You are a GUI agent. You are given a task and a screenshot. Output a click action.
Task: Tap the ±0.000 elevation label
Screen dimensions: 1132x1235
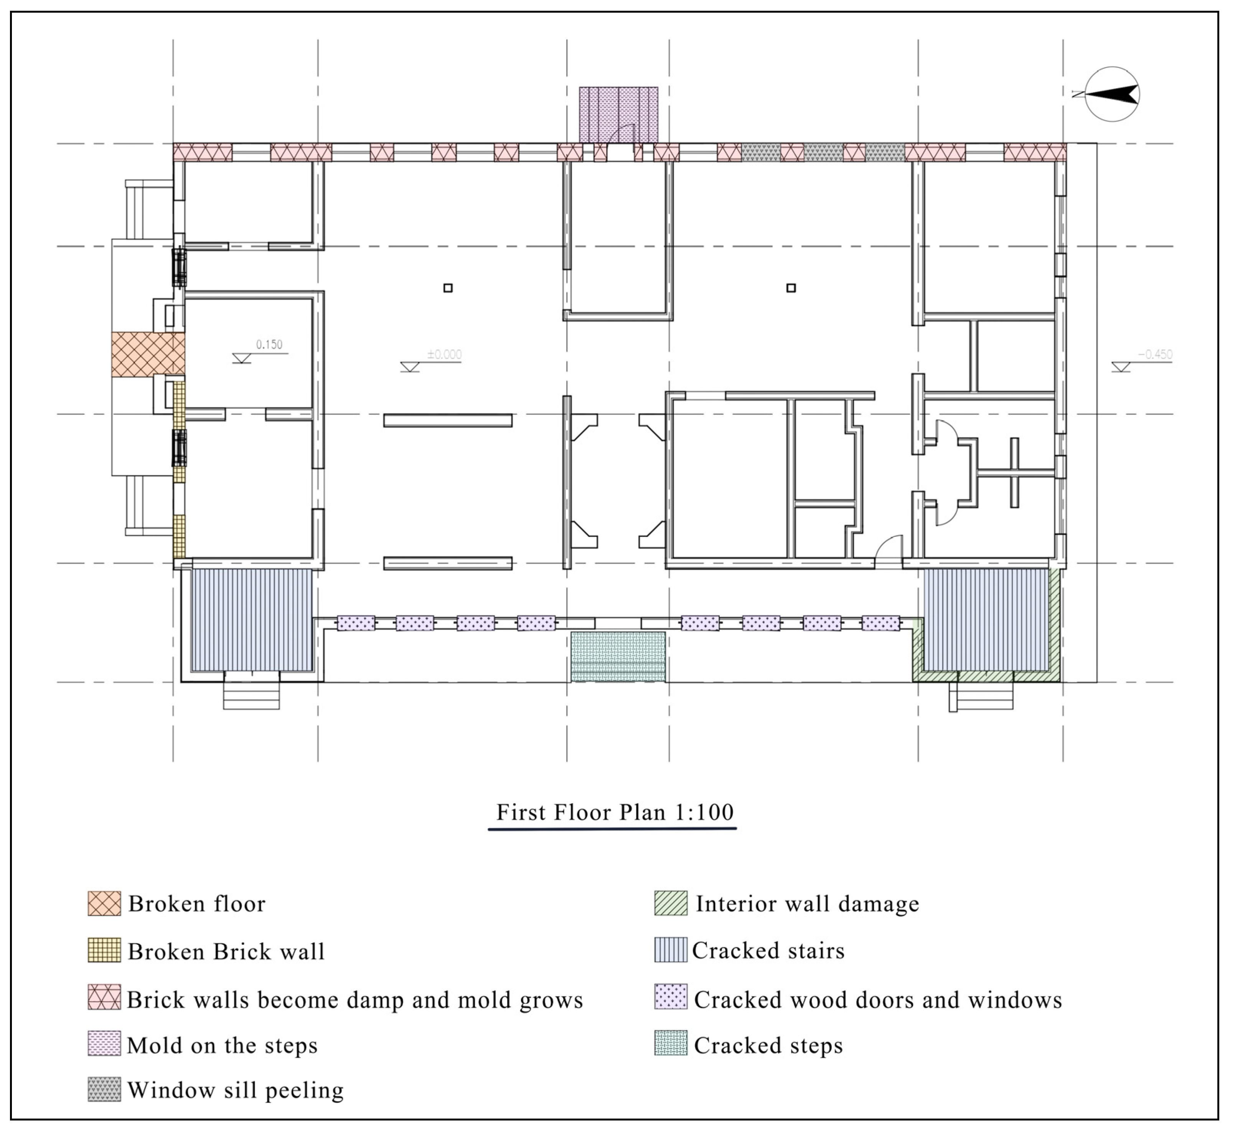pyautogui.click(x=444, y=355)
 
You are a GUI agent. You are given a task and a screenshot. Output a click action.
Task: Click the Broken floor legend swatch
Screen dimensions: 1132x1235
pyautogui.click(x=104, y=903)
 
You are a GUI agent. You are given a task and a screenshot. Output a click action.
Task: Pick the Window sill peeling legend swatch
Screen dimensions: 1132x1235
pyautogui.click(x=104, y=1090)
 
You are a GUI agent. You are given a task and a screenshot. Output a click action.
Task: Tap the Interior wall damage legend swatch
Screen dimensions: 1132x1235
pyautogui.click(x=671, y=903)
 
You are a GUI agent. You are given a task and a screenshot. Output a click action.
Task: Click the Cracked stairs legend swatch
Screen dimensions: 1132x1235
pyautogui.click(x=671, y=950)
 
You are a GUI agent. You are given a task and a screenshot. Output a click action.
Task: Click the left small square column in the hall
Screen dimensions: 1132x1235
pyautogui.click(x=448, y=288)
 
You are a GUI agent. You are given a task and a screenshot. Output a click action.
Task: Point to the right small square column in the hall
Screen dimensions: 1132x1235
pyautogui.click(x=791, y=288)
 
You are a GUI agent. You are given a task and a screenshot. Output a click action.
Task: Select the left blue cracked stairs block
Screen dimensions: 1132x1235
pyautogui.click(x=252, y=620)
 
